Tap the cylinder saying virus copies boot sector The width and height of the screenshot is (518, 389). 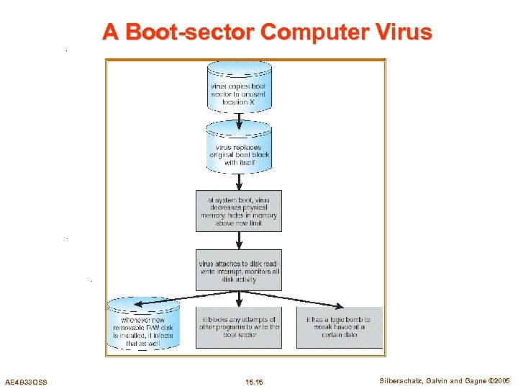click(x=239, y=90)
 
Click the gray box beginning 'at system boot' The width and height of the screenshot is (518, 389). click(x=239, y=211)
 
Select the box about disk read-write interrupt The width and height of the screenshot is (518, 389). click(x=239, y=271)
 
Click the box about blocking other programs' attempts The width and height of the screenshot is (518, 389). click(x=239, y=327)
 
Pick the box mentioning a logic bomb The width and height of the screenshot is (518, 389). click(x=339, y=327)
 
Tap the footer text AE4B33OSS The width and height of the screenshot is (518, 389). click(x=26, y=381)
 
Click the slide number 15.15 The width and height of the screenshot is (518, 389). click(x=254, y=381)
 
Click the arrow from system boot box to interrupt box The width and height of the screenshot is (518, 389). click(x=239, y=241)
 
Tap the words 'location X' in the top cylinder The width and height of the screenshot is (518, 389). click(x=239, y=102)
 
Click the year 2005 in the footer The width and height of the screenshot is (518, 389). click(x=501, y=380)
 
